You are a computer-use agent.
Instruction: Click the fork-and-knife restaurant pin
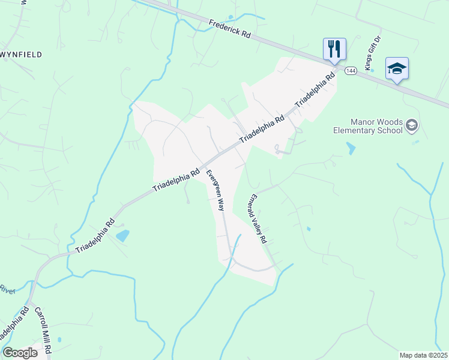click(334, 49)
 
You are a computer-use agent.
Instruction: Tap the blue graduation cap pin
click(397, 68)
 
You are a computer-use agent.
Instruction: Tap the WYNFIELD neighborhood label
click(22, 55)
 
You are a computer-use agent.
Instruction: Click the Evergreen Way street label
click(215, 190)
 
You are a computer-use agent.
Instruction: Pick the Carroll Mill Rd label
click(44, 329)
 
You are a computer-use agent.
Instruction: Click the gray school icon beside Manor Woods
click(412, 125)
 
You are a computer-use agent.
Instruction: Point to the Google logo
click(20, 353)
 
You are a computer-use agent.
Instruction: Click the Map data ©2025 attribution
click(424, 355)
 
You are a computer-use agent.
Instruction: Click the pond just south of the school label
click(351, 148)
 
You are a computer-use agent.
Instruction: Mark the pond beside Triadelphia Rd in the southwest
click(122, 235)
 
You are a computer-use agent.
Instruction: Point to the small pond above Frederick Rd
click(231, 17)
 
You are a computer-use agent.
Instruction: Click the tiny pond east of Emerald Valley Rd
click(309, 229)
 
